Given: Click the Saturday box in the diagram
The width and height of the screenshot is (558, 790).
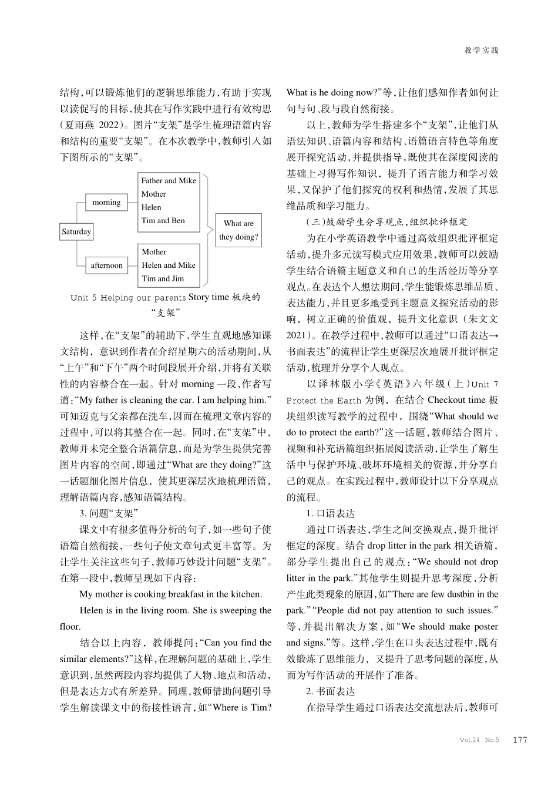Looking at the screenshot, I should tap(76, 231).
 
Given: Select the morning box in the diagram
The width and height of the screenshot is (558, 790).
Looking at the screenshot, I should tap(106, 203).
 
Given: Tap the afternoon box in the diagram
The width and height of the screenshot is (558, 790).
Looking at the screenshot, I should tap(106, 265).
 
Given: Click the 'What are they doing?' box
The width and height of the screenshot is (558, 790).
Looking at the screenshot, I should tap(238, 230).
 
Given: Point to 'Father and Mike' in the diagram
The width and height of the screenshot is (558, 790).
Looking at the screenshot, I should tap(169, 181).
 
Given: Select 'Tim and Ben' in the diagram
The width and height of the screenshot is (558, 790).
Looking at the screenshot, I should tap(163, 221).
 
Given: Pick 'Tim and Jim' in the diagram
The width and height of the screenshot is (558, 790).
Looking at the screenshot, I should tap(162, 278).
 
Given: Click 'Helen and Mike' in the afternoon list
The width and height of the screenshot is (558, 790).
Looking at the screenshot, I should tap(169, 265).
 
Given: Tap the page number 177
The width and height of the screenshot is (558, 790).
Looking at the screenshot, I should tap(520, 740).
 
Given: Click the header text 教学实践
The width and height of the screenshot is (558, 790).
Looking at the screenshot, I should tap(481, 51).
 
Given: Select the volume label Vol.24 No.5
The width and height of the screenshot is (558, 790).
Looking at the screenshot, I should tap(479, 740).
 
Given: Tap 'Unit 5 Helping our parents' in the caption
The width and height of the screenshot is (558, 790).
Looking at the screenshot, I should tap(128, 298).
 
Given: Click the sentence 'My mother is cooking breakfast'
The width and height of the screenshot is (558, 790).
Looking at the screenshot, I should tap(170, 594).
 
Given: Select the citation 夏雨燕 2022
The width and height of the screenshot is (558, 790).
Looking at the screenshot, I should tap(94, 125).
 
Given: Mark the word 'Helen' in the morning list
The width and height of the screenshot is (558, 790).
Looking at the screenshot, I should tap(151, 207).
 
